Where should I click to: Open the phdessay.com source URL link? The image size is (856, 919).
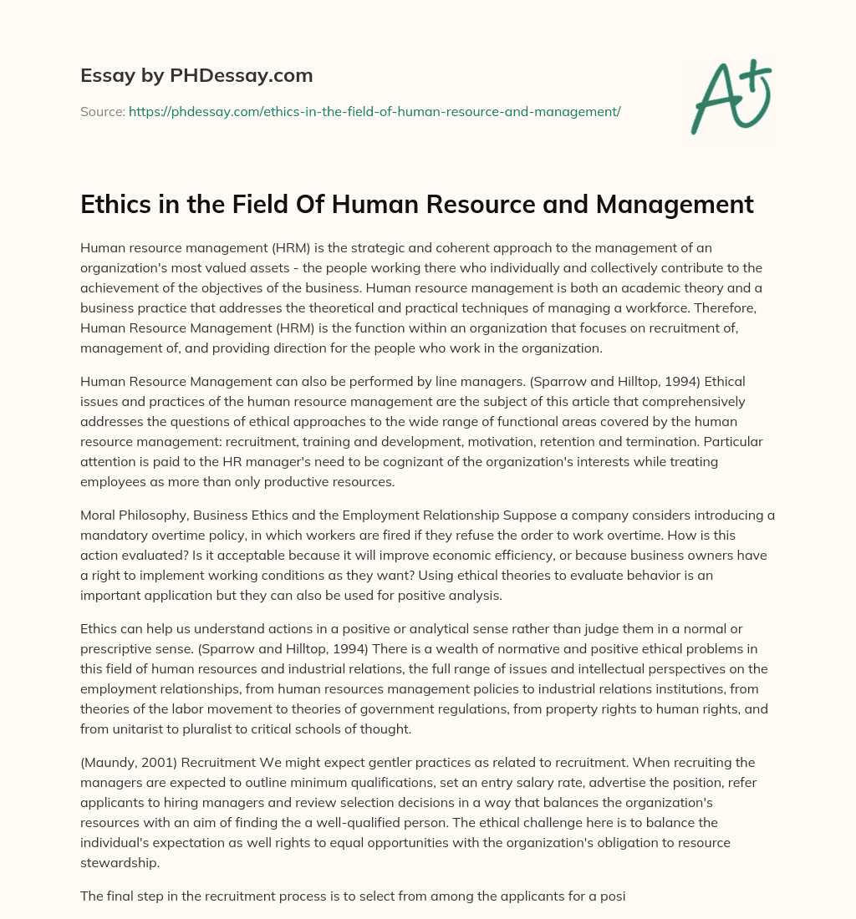(374, 111)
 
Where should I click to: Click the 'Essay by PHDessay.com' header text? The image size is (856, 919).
(196, 76)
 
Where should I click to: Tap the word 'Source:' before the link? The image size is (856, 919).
(103, 111)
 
